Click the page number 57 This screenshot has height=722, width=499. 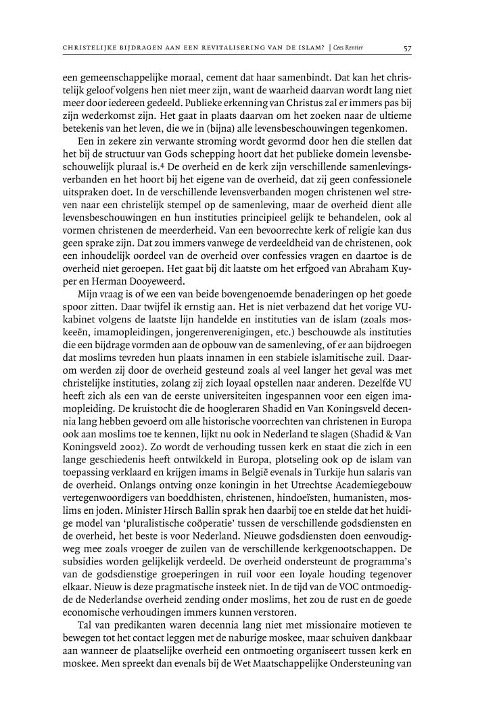coord(408,48)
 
